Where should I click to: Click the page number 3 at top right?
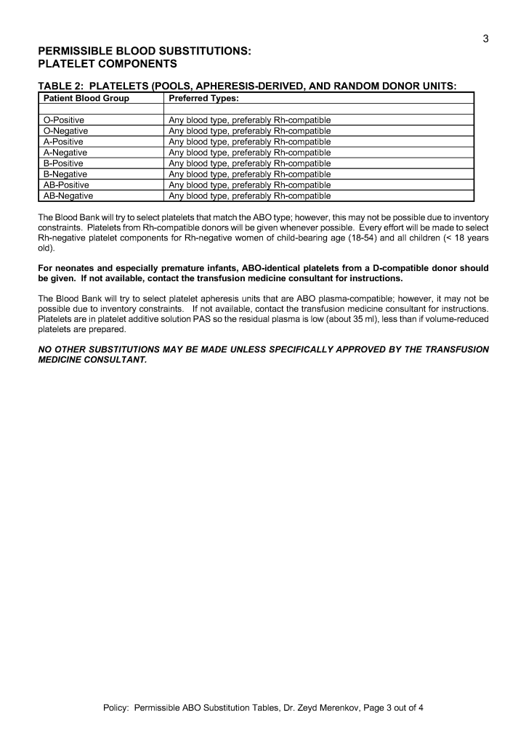[x=485, y=39]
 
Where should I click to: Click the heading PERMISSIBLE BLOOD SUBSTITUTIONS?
[x=145, y=51]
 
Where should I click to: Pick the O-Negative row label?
[x=66, y=131]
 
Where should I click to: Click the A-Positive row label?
[x=64, y=142]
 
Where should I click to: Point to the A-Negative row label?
[x=65, y=153]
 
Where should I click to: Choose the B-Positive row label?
[x=64, y=163]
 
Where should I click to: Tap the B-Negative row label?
[x=65, y=174]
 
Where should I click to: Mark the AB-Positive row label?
[x=67, y=185]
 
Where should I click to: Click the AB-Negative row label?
[x=68, y=195]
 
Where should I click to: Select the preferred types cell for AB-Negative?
[x=250, y=195]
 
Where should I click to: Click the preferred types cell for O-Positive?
[x=250, y=120]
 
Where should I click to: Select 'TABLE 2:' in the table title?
[x=62, y=86]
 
